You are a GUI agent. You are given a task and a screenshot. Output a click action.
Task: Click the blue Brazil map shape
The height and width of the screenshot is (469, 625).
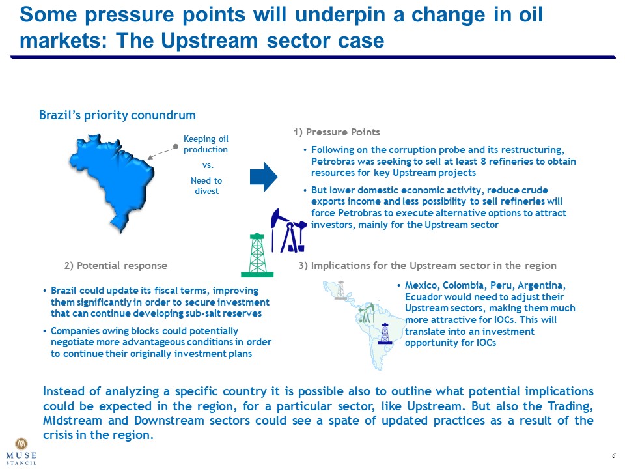[x=113, y=180]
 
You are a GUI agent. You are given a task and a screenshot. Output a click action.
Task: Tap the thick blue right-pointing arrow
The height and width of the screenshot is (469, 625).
[x=264, y=177]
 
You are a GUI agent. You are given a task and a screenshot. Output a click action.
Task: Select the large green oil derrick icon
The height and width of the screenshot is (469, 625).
[x=257, y=255]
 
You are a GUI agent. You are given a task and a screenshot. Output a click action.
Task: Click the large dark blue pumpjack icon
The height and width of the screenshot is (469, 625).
[x=288, y=231]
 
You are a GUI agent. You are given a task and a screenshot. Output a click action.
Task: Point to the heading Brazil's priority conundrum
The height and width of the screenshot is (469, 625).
[x=117, y=115]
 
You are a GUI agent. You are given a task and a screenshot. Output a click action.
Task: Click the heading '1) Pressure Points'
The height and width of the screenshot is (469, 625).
[x=337, y=132]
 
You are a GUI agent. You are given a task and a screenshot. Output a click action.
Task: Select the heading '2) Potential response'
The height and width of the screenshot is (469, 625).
[x=116, y=266]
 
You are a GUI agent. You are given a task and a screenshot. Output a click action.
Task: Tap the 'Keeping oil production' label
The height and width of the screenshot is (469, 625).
[x=206, y=144]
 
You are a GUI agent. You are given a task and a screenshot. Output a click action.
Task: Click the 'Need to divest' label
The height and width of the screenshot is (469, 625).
[x=206, y=186]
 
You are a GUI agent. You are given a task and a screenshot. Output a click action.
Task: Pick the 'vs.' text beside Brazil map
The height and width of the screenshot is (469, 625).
[x=208, y=165]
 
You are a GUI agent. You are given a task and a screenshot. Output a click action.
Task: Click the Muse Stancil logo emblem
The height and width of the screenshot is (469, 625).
[x=21, y=444]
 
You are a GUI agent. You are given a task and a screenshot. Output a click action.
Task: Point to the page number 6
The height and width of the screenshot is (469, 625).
[x=614, y=455]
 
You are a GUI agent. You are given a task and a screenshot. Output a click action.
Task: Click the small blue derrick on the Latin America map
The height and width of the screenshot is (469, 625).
[x=385, y=334]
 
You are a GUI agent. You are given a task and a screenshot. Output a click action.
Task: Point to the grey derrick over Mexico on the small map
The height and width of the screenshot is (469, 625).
[x=340, y=291]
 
